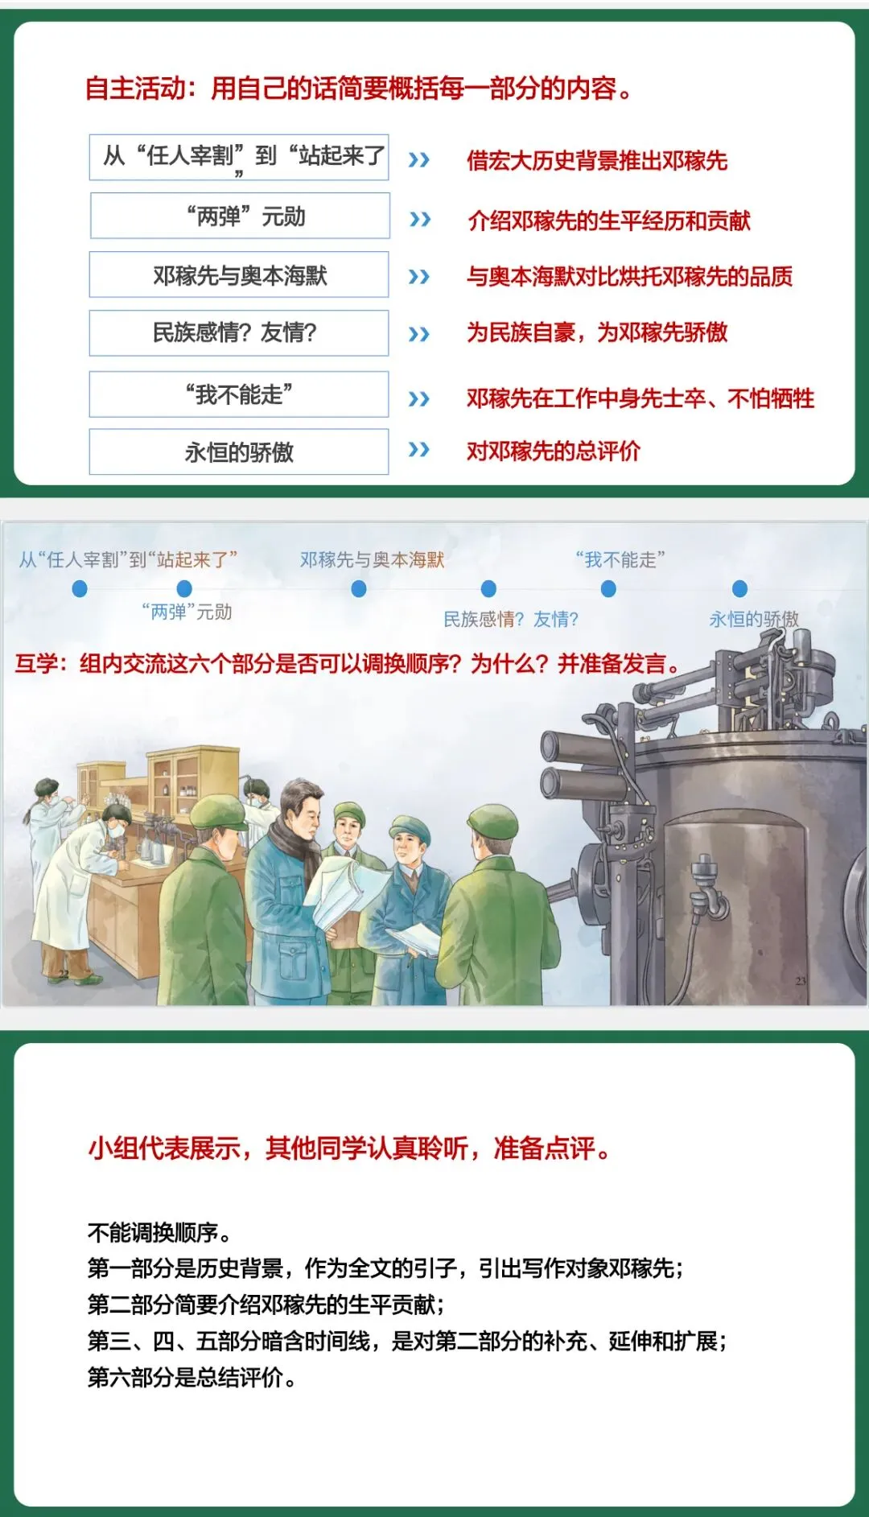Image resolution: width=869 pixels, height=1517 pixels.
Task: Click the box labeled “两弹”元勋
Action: [240, 216]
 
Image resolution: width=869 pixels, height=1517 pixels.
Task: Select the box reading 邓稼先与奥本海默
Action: [239, 274]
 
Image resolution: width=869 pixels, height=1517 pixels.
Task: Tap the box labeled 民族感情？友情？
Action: [239, 333]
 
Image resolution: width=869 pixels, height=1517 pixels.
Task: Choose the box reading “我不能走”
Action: [239, 394]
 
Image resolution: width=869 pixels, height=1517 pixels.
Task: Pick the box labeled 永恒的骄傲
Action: [239, 451]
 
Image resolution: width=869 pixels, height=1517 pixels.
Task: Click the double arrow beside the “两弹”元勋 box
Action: [420, 219]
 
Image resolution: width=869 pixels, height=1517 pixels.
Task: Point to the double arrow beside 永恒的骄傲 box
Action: [419, 449]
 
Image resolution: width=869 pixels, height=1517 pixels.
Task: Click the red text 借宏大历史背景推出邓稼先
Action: [597, 161]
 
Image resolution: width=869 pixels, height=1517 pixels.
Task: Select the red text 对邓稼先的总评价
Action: [554, 451]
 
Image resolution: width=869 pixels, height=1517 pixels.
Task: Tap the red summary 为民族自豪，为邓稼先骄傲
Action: [597, 332]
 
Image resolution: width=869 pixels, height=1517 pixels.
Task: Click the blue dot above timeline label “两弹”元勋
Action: [184, 588]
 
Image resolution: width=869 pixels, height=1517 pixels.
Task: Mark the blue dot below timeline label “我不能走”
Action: [609, 589]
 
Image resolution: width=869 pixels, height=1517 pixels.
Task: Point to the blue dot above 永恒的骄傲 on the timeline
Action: [740, 589]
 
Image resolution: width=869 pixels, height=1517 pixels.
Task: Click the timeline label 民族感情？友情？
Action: [511, 619]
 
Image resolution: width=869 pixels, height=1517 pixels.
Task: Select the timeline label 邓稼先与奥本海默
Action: [372, 559]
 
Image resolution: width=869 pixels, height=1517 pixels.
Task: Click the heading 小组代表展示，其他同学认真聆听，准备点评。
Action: [349, 1148]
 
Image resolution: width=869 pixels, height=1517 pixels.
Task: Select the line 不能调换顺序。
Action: [160, 1232]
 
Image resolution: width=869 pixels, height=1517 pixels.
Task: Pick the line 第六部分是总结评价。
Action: [192, 1377]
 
